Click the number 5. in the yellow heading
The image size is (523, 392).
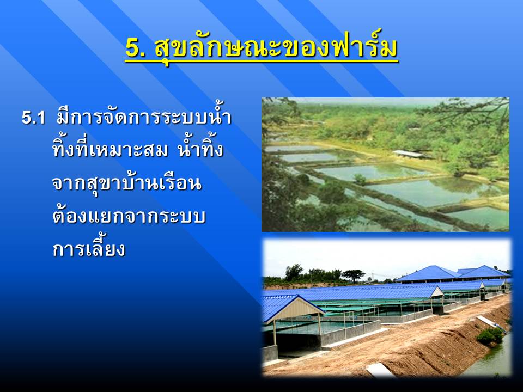pyautogui.click(x=136, y=48)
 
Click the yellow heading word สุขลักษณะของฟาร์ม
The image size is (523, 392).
pyautogui.click(x=276, y=48)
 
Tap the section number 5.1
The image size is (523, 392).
pyautogui.click(x=33, y=118)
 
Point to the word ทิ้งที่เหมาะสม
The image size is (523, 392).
pyautogui.click(x=110, y=149)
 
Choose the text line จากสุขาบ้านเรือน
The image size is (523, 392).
pyautogui.click(x=127, y=183)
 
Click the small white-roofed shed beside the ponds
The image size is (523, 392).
pyautogui.click(x=408, y=154)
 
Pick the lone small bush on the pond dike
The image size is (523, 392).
pyautogui.click(x=360, y=179)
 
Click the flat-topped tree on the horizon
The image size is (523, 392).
pyautogui.click(x=353, y=275)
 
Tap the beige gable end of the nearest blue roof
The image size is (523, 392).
pyautogui.click(x=295, y=310)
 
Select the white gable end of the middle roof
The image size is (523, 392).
pyautogui.click(x=437, y=293)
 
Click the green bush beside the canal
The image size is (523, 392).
pyautogui.click(x=490, y=335)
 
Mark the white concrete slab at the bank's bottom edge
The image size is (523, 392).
pyautogui.click(x=380, y=370)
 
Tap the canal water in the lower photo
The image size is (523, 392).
pyautogui.click(x=490, y=360)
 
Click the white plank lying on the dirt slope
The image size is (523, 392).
pyautogui.click(x=488, y=321)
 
